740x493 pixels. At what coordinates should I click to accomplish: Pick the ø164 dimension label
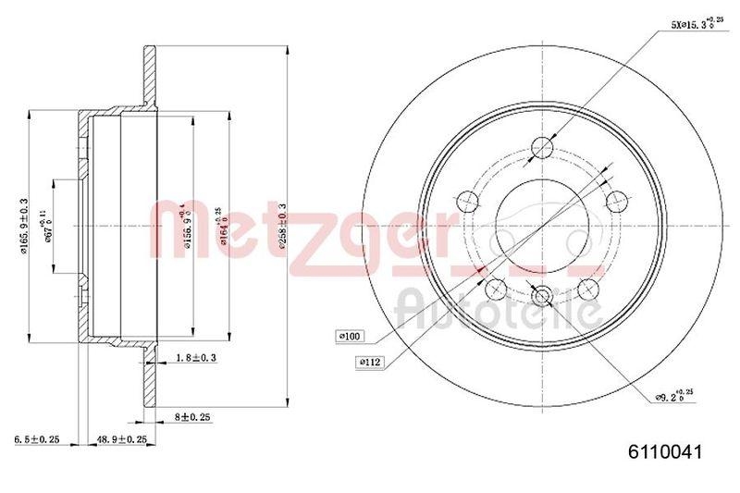[218, 222]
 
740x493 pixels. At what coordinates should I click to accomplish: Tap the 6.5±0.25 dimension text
[36, 439]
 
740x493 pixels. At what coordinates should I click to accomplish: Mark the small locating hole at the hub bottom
[543, 296]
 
